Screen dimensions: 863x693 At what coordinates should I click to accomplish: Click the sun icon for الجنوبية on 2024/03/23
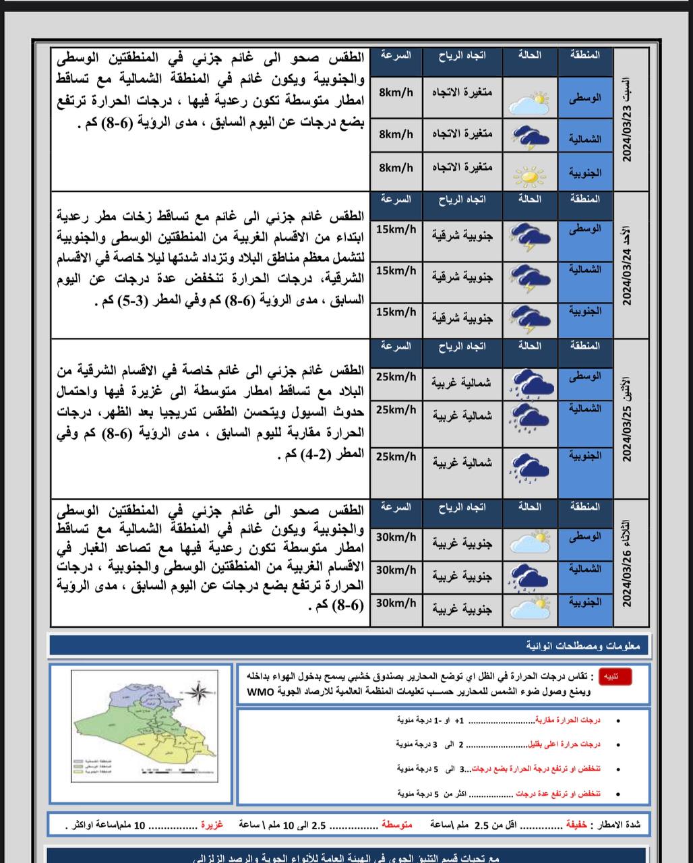[x=529, y=177]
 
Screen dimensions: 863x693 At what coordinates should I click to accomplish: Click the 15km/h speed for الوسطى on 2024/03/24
[x=396, y=230]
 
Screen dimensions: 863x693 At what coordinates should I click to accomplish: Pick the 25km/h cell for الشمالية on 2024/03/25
[x=396, y=410]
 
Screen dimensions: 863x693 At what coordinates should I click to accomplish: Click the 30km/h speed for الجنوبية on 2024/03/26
[x=396, y=603]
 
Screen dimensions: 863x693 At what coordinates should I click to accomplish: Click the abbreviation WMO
[x=261, y=692]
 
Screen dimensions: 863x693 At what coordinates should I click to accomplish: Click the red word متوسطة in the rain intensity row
[x=397, y=825]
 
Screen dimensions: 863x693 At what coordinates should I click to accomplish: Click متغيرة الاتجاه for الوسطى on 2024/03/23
[x=462, y=92]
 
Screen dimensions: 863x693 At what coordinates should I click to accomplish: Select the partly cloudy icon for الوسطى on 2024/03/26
[x=530, y=541]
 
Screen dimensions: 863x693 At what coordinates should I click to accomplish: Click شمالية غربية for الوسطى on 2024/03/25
[x=462, y=383]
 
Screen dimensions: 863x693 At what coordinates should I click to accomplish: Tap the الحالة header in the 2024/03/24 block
[x=530, y=200]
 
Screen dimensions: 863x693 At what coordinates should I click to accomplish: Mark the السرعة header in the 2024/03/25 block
[x=396, y=346]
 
